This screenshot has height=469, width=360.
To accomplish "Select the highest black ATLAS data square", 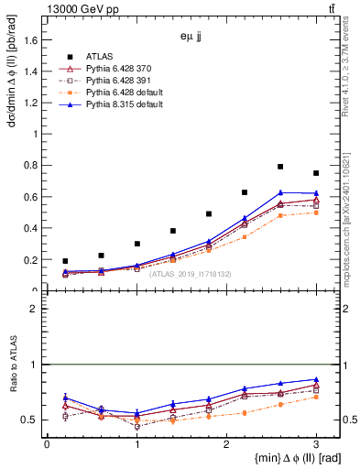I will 280,167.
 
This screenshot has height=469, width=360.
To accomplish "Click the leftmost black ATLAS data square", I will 64,261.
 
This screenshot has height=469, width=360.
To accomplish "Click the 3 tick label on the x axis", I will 316,445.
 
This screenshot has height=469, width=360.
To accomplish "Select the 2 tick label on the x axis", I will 226,445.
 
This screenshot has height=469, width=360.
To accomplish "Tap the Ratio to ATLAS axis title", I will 12,365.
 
